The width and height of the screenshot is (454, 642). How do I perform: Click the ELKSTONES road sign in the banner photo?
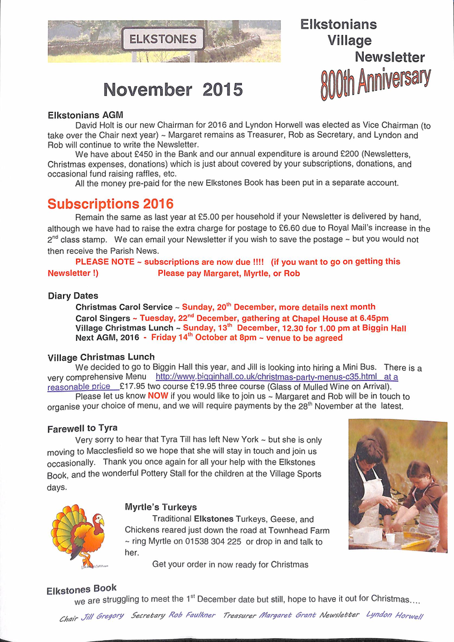click(x=163, y=39)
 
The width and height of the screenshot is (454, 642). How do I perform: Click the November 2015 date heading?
click(x=173, y=90)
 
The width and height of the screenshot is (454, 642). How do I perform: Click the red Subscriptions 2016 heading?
click(x=110, y=204)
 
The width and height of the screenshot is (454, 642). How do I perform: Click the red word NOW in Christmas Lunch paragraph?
click(x=158, y=395)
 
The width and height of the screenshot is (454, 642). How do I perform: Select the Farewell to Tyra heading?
click(x=82, y=428)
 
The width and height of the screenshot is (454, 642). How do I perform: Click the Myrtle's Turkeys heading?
click(x=161, y=506)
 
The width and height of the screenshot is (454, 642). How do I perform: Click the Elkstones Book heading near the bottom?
click(x=82, y=589)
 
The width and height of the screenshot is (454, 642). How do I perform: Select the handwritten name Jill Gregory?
click(x=102, y=615)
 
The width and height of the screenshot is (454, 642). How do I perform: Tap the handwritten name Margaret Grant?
click(x=286, y=615)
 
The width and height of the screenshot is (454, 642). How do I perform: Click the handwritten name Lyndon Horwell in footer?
click(x=394, y=615)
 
